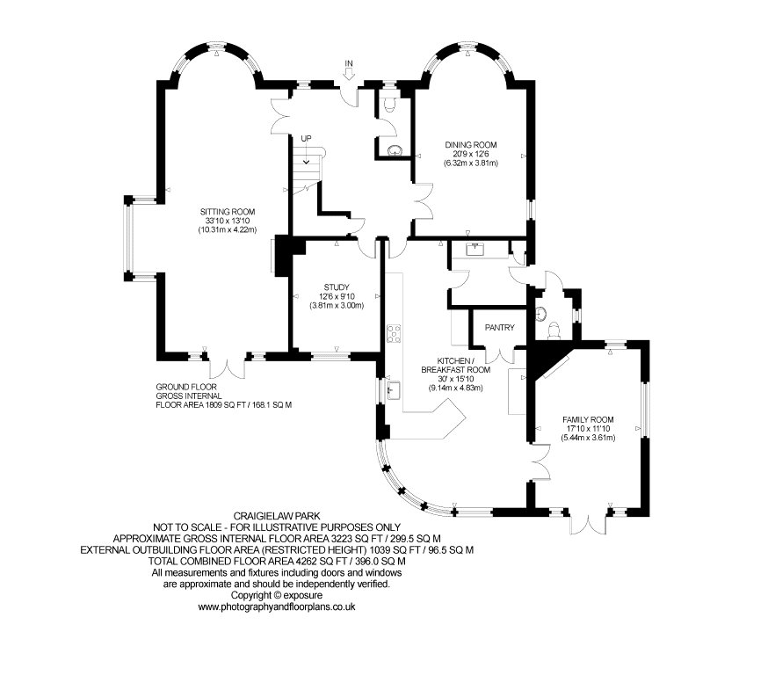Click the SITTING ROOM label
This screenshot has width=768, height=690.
coord(228,212)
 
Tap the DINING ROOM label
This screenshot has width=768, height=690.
coord(471,144)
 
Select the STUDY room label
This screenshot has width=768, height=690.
coord(337,287)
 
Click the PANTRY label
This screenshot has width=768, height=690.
coord(500,327)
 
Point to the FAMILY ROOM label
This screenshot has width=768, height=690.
coord(588,419)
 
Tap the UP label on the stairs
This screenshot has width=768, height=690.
coord(306,138)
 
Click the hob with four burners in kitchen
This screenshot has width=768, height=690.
coord(394,334)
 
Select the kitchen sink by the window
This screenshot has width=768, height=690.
coord(394,390)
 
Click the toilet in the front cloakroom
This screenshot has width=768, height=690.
coord(390,105)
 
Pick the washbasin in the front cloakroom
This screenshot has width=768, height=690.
coord(394,151)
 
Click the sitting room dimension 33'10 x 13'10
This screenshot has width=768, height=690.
coord(228,221)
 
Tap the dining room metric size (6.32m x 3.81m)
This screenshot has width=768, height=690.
coord(471,163)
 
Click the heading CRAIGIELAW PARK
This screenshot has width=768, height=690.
coord(277,516)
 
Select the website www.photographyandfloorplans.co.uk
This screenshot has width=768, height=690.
coord(276,606)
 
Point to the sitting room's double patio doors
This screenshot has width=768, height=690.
coord(228,368)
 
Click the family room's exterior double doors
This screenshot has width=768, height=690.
coord(590,523)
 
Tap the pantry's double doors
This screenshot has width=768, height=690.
coord(500,354)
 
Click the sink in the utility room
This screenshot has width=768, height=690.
coord(475,249)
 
